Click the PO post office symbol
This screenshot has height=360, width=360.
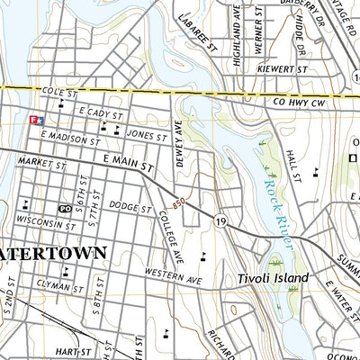coord(65,208)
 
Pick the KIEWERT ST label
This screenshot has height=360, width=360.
coord(283,68)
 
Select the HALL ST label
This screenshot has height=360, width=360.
coord(292,162)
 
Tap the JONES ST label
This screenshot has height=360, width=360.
coord(147,136)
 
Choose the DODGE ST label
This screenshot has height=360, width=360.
coord(129,205)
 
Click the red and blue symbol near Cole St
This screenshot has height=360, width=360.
coord(37,119)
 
